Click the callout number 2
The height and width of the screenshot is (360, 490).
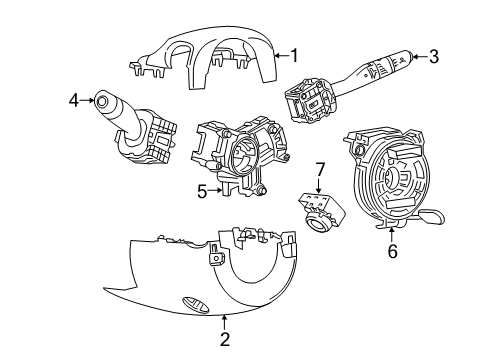pyautogui.click(x=225, y=340)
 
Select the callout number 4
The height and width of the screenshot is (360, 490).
pyautogui.click(x=74, y=99)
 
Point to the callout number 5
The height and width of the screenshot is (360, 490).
pyautogui.click(x=200, y=190)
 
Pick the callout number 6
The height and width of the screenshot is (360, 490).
pyautogui.click(x=392, y=252)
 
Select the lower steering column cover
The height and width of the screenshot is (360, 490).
pyautogui.click(x=200, y=280)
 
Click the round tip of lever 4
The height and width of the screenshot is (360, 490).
pyautogui.click(x=102, y=100)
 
